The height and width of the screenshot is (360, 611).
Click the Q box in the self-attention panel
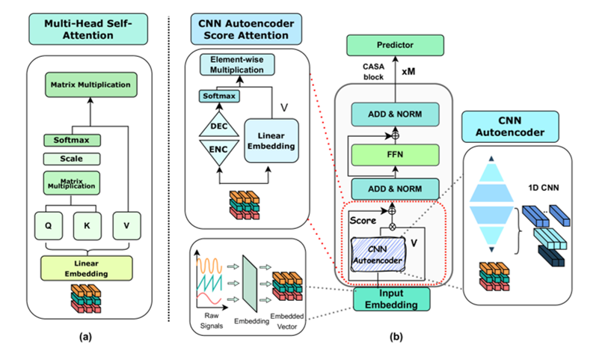coord(48,222)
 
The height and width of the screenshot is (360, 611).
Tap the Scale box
coord(72,159)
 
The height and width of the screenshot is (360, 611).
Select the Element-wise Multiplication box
coord(236,64)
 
